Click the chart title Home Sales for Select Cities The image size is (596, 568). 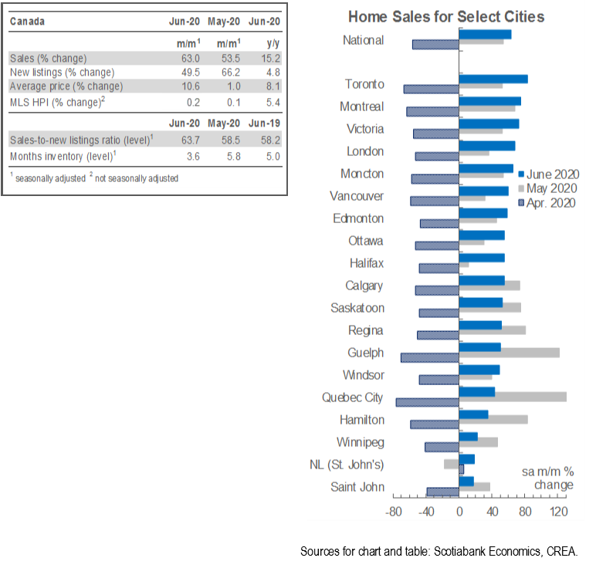[446, 16]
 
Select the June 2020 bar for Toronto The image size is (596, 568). [493, 79]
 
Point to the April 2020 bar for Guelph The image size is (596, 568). [430, 357]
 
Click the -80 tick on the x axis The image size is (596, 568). [394, 512]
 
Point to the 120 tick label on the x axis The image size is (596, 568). [557, 512]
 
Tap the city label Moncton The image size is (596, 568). [362, 174]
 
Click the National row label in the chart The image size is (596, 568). [363, 40]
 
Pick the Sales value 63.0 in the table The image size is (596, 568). [190, 58]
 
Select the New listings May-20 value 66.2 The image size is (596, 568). [226, 73]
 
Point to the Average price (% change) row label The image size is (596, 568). [66, 86]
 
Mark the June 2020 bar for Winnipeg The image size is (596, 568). [469, 437]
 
